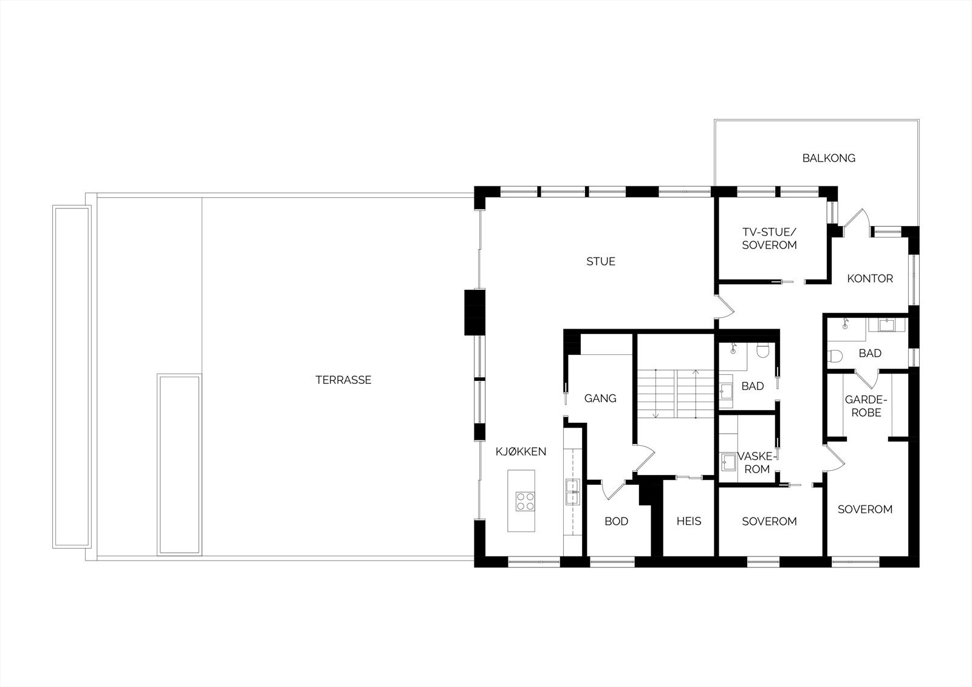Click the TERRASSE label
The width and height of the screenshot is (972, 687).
pyautogui.click(x=343, y=380)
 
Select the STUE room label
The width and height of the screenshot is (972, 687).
pyautogui.click(x=601, y=262)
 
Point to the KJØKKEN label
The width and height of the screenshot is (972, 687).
pyautogui.click(x=521, y=451)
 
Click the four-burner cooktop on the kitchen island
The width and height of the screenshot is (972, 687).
pyautogui.click(x=525, y=501)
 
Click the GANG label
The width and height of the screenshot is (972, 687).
pyautogui.click(x=600, y=398)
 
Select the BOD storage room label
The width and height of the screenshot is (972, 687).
pyautogui.click(x=616, y=521)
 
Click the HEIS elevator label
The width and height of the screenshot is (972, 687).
pyautogui.click(x=689, y=521)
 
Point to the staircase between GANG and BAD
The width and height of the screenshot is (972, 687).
pyautogui.click(x=675, y=394)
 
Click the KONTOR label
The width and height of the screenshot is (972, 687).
pyautogui.click(x=870, y=279)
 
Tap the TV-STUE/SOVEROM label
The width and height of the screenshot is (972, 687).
pyautogui.click(x=769, y=239)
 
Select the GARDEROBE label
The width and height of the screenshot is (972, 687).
pyautogui.click(x=866, y=406)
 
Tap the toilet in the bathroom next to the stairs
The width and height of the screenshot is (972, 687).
pyautogui.click(x=764, y=350)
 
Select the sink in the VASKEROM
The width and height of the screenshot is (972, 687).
pyautogui.click(x=727, y=463)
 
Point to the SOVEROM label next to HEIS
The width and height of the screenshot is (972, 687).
pyautogui.click(x=769, y=521)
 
